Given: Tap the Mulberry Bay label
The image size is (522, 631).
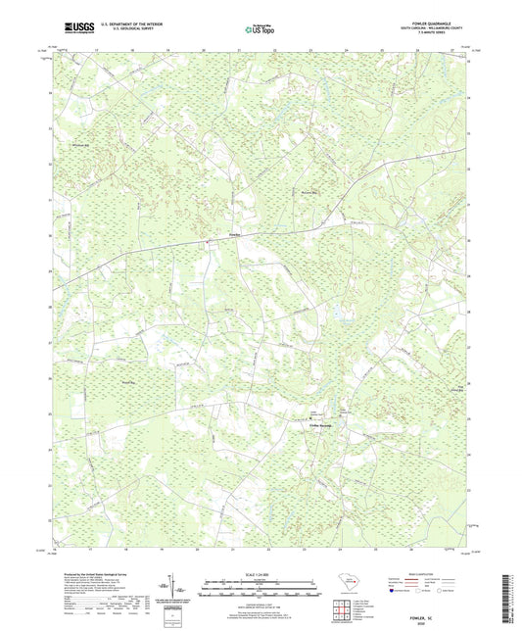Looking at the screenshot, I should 310,192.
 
